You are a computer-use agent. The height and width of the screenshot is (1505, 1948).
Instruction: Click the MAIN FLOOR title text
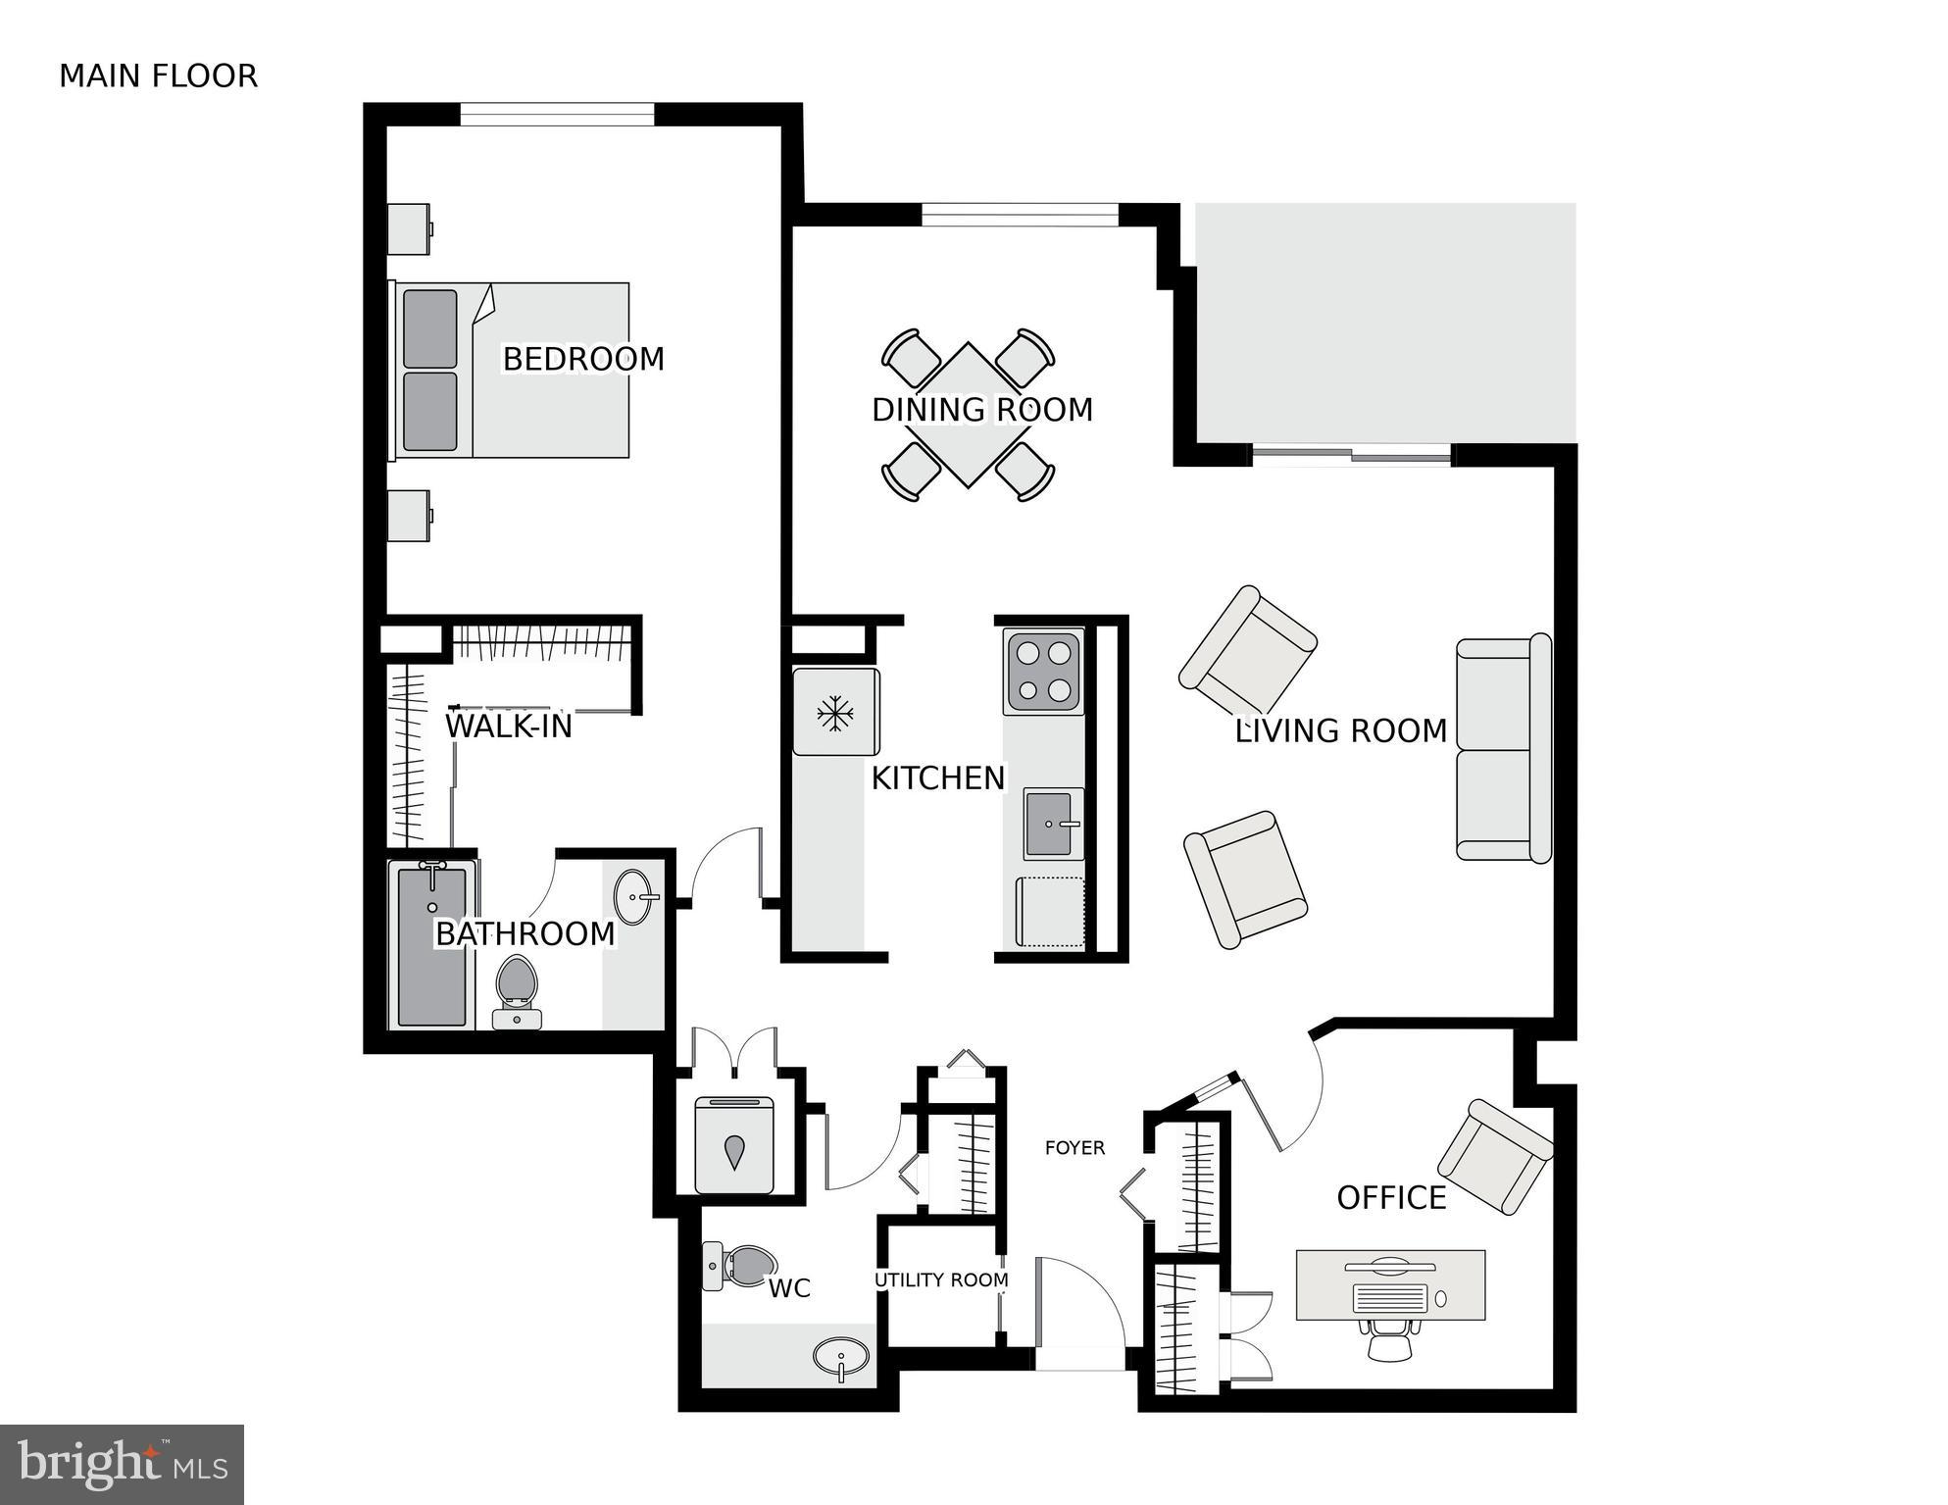tap(158, 76)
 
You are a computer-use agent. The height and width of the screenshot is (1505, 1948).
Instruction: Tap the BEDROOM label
tap(583, 359)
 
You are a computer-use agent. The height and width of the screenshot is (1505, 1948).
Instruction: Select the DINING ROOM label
tap(982, 410)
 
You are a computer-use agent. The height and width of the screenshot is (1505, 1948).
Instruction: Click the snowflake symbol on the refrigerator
tap(834, 713)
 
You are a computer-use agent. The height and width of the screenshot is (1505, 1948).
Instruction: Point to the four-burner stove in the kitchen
tap(1043, 672)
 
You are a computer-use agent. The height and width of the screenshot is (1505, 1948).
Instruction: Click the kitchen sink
tap(1052, 823)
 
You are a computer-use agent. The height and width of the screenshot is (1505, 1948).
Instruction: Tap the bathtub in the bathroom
tap(431, 946)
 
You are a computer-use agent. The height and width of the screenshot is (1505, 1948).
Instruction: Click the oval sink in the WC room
tap(840, 1358)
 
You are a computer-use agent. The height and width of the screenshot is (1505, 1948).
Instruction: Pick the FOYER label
tap(1074, 1147)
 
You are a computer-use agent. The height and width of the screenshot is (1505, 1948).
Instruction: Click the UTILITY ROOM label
tap(941, 1280)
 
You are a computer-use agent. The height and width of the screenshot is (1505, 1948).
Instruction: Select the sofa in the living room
tap(1503, 749)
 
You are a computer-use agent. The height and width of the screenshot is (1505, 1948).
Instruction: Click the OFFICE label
tap(1391, 1198)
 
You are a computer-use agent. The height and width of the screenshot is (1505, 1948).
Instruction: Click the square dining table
tap(968, 415)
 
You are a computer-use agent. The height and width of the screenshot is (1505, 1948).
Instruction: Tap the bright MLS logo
tap(122, 1464)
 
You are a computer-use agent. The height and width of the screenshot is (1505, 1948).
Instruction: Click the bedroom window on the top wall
tap(557, 114)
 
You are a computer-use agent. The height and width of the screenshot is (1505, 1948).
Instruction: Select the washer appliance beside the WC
tap(734, 1145)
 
